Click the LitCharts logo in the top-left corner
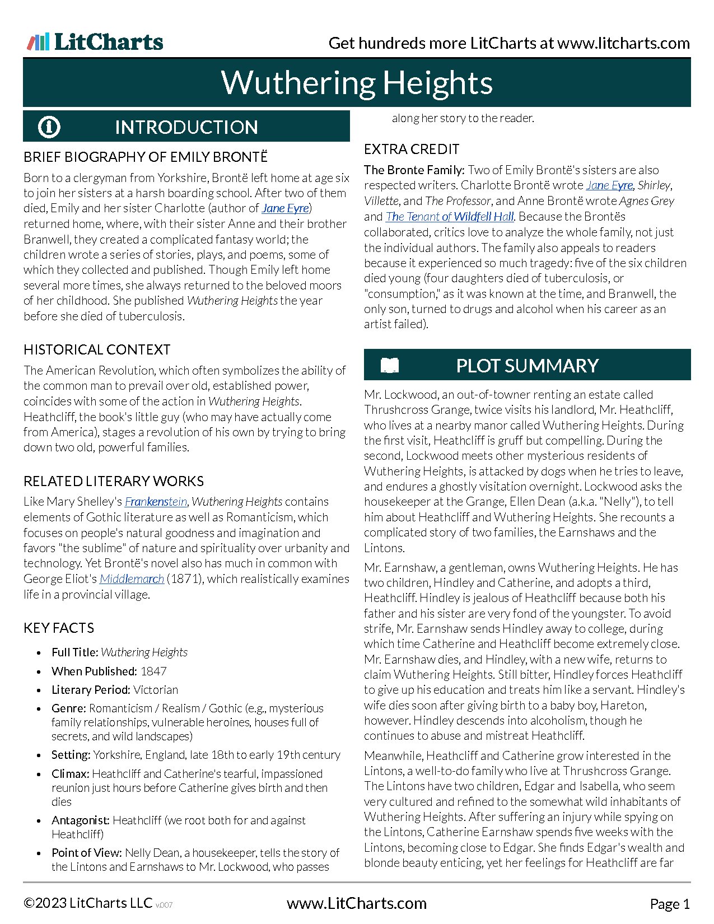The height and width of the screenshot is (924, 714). [95, 43]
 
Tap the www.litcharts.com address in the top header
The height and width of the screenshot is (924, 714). [623, 43]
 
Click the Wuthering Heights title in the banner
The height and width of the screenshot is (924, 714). [357, 83]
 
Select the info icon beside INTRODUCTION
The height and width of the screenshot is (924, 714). [49, 127]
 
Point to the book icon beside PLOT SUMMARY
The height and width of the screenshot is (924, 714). [390, 366]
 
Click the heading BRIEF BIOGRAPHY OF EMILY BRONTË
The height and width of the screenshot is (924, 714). [146, 157]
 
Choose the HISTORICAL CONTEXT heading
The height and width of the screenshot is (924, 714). [97, 349]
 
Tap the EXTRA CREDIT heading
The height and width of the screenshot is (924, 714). [412, 149]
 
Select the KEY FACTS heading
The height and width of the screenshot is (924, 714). [59, 628]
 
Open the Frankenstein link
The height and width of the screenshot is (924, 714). [156, 502]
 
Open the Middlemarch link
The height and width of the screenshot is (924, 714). [132, 579]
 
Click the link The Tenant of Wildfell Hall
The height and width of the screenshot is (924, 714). [450, 217]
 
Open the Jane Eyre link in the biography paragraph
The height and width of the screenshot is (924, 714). [285, 208]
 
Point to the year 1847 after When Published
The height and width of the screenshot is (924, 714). [153, 671]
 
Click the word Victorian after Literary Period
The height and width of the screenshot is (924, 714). [156, 690]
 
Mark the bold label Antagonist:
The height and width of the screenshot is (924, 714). [81, 820]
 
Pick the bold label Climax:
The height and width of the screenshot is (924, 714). [71, 774]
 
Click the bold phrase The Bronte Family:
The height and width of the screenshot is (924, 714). [414, 170]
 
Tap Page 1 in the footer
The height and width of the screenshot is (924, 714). [670, 904]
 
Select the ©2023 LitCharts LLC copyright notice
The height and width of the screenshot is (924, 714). [88, 903]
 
